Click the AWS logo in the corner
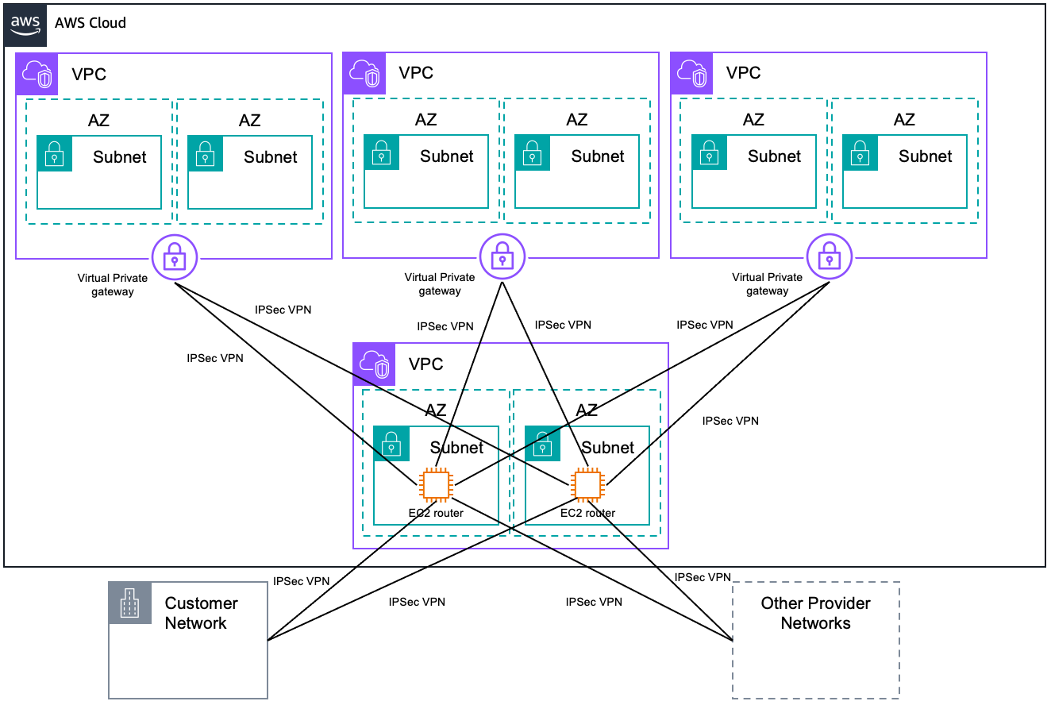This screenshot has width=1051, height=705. point(25,24)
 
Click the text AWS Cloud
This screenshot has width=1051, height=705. point(90,23)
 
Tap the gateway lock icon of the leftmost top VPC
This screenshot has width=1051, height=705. point(175,256)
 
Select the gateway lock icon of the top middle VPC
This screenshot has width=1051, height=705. point(502,256)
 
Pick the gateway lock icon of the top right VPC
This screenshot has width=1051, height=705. point(829,256)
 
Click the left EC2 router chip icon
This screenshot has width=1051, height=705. point(436,484)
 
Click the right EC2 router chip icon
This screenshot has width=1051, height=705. point(587,484)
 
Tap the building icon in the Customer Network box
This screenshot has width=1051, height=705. point(129,603)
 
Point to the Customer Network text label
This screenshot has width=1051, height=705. point(201,613)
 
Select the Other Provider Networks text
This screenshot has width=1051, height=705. point(815,613)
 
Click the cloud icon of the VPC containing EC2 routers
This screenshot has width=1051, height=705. point(375,364)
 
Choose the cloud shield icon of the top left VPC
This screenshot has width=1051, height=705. point(37,74)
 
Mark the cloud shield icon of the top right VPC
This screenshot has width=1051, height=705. point(691,73)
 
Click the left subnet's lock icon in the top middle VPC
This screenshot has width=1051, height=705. point(382,152)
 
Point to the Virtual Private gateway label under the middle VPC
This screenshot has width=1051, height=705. point(440,284)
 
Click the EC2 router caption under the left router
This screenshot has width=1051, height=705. point(436,513)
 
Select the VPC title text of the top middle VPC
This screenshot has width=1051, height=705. point(416,73)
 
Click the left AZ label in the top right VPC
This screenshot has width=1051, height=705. point(753,120)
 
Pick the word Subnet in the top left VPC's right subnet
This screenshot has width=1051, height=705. point(271,157)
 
